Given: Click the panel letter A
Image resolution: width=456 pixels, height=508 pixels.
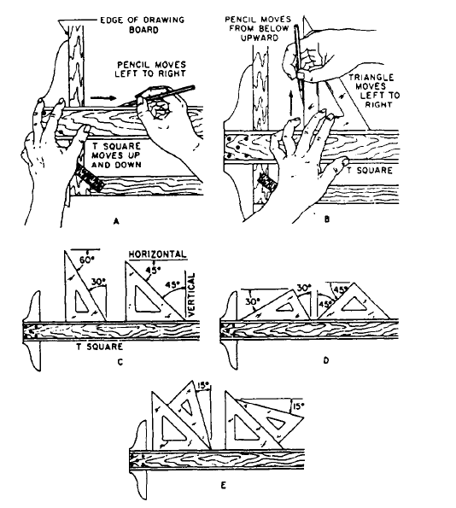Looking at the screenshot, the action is [x=116, y=221].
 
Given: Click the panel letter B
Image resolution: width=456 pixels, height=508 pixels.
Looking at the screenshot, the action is [x=327, y=219].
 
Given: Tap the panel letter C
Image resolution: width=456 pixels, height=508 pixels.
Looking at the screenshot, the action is [x=120, y=362].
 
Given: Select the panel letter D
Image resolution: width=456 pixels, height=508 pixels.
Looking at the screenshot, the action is [x=326, y=360].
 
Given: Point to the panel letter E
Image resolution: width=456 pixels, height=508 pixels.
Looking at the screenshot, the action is [x=223, y=486].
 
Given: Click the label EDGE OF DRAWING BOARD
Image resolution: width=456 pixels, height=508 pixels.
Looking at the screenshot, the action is [x=143, y=25].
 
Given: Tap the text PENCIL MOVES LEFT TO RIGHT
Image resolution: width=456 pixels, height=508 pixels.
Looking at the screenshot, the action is [x=150, y=69].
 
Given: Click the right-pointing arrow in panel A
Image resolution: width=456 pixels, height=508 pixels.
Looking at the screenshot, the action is [x=103, y=98].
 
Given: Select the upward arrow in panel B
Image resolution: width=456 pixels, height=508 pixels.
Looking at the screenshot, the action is [x=291, y=103].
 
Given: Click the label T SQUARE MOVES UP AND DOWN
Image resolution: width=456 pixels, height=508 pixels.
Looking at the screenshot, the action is [x=116, y=155].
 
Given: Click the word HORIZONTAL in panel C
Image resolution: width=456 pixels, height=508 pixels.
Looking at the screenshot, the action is [x=158, y=254].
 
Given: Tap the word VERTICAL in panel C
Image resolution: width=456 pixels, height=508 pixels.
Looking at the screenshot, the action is [x=191, y=295].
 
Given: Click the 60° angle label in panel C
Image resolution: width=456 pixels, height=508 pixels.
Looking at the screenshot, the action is [x=87, y=260].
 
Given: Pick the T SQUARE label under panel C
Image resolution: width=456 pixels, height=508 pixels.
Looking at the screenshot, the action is [x=100, y=347].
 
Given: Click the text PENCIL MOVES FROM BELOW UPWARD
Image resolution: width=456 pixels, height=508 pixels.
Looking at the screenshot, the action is [x=258, y=28].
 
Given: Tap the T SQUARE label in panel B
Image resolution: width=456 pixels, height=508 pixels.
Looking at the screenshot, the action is [x=370, y=170].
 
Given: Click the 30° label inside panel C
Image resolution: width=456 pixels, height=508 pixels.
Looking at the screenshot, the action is [x=98, y=283].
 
